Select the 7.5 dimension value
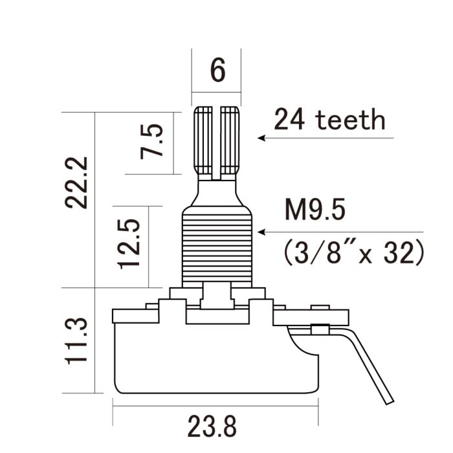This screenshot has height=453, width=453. point(153,142)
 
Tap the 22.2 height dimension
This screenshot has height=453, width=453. point(78,181)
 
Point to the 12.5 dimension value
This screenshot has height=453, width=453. point(128,243)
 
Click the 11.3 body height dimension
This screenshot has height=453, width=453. point(78,340)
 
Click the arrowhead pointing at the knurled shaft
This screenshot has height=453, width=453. point(261,138)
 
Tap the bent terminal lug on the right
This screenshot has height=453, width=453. point(372,362)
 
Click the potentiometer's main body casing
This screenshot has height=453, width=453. point(217,359)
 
